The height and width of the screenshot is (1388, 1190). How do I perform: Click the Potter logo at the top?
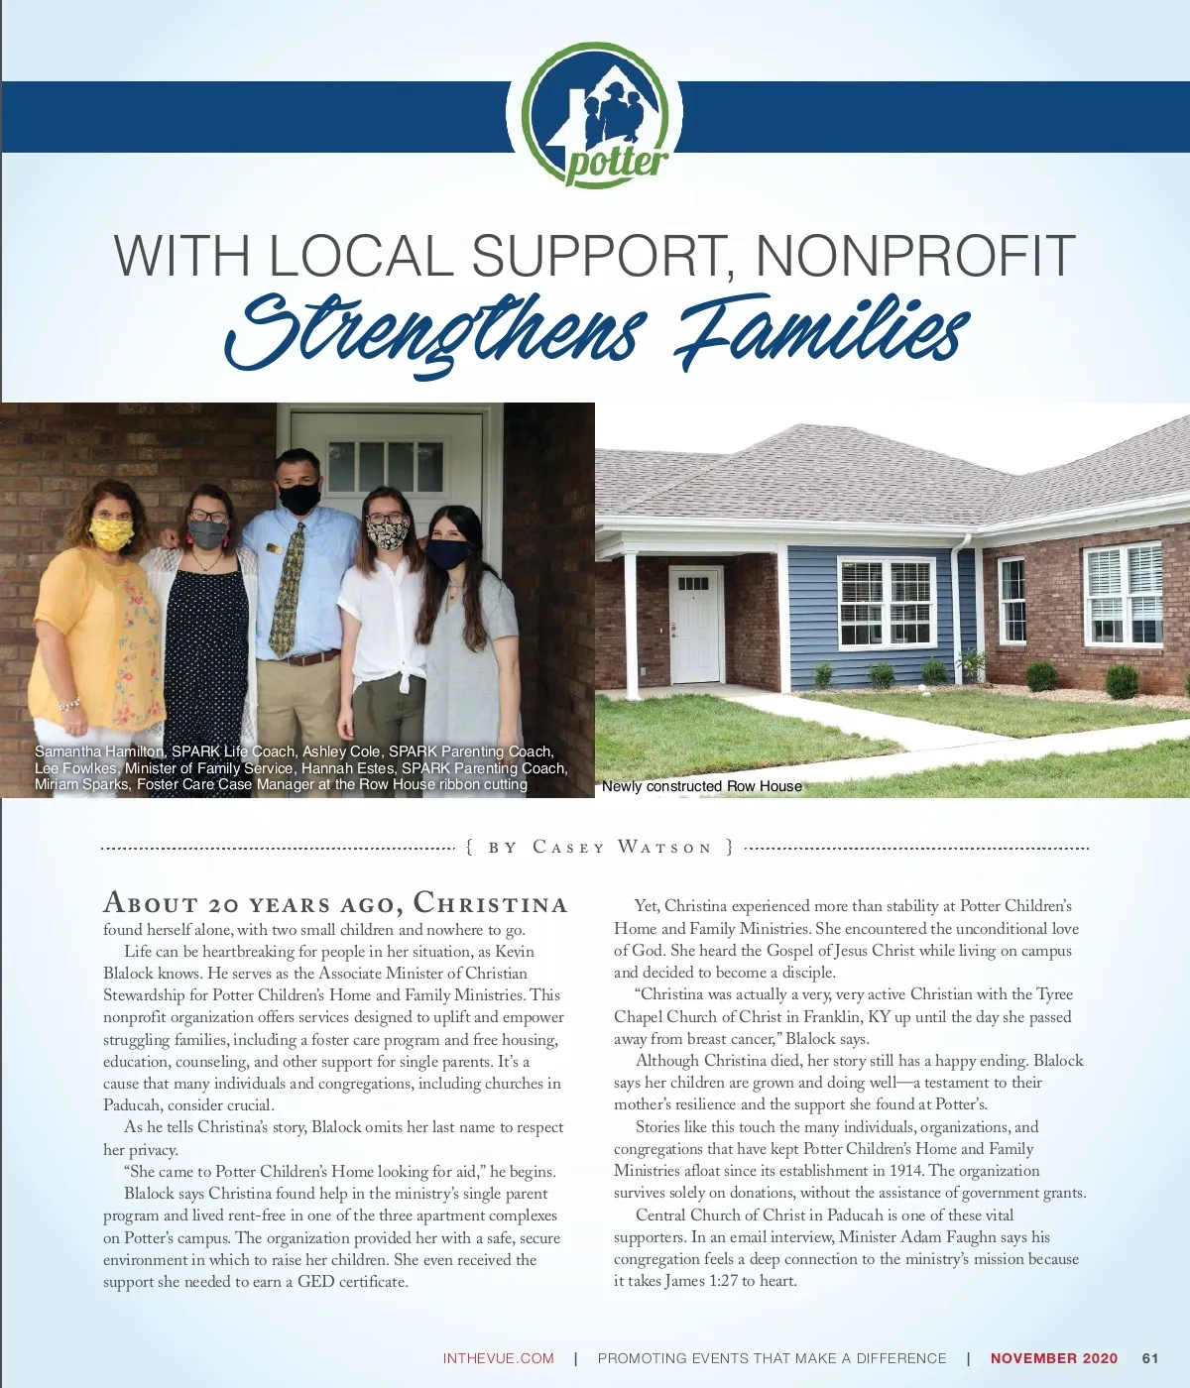coord(596,116)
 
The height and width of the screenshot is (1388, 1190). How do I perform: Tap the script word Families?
coord(821,332)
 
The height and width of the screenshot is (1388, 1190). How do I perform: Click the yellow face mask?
coord(111,534)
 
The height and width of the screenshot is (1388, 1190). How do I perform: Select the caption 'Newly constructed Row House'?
coord(702,786)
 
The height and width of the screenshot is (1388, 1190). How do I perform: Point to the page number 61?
coord(1150,1358)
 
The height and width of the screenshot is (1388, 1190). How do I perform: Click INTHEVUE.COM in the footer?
coord(498,1358)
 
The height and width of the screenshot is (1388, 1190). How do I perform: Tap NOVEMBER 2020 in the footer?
coord(1053,1358)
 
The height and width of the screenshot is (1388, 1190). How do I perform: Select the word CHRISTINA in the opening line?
coord(490,903)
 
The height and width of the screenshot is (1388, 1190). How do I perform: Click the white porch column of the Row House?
coord(631,625)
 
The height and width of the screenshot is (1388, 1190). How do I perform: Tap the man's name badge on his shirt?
coord(274,546)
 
